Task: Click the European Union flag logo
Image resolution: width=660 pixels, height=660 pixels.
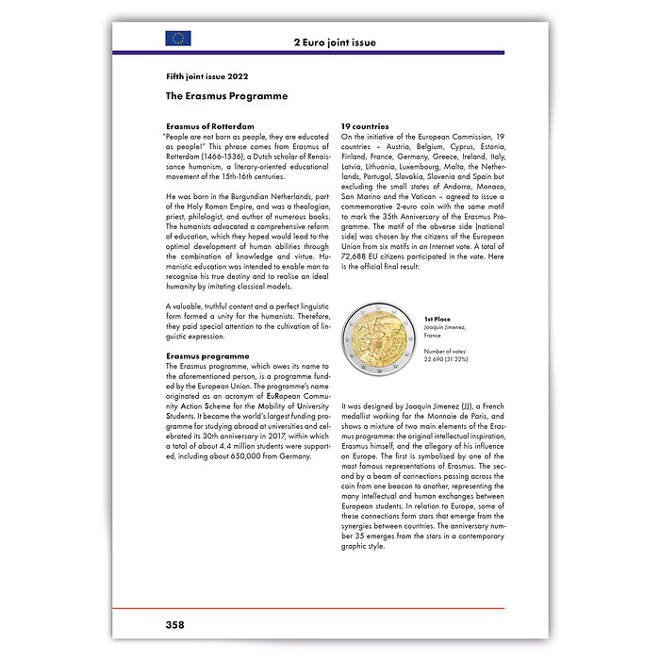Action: click(x=177, y=39)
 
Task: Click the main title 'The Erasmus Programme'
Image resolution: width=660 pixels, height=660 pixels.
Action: click(x=226, y=96)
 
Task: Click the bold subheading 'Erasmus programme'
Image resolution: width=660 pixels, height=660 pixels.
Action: click(x=207, y=356)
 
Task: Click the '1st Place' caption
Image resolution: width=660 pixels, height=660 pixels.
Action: click(x=437, y=320)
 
